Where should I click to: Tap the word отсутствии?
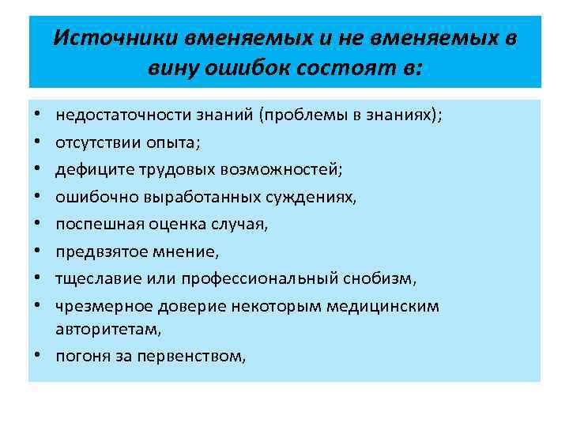pyautogui.click(x=93, y=143)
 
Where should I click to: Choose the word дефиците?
pyautogui.click(x=88, y=170)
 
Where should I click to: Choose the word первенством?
pyautogui.click(x=192, y=357)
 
